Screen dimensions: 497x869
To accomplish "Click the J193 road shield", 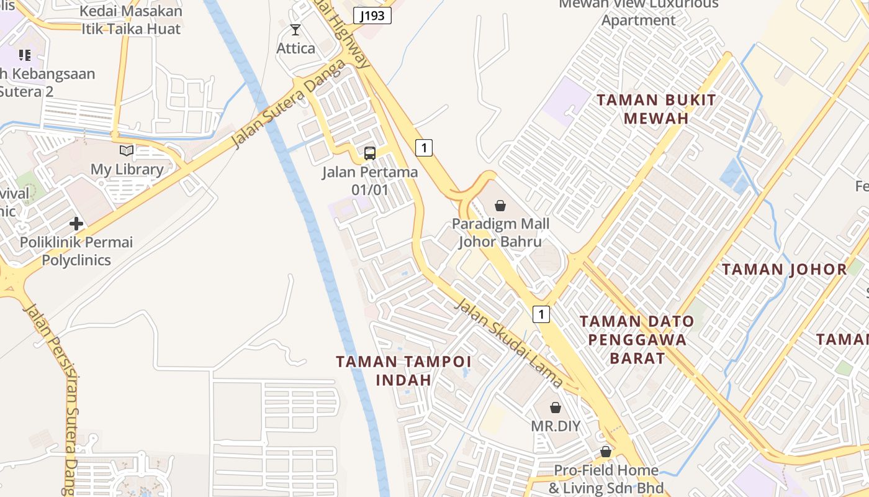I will [372, 16].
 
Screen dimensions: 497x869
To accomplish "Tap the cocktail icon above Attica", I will [295, 30].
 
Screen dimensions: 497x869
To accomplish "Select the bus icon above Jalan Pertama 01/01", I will [370, 153].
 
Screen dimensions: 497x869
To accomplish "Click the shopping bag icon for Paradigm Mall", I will [500, 206].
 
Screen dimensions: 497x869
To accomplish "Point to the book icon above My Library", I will [127, 150].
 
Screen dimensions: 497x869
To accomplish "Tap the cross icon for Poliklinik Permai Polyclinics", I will [76, 224].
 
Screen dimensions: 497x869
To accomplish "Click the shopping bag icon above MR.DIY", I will [556, 408].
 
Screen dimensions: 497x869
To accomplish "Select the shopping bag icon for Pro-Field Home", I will [606, 452].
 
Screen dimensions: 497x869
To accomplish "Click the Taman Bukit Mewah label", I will [656, 109].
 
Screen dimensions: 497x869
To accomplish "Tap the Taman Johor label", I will [785, 270].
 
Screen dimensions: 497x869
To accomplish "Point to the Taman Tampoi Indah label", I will [403, 370].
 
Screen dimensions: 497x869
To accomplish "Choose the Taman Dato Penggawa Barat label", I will [637, 339].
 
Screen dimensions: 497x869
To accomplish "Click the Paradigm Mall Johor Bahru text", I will [500, 232].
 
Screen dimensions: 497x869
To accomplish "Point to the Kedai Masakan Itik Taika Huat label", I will [131, 20].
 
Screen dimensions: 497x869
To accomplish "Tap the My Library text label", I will [127, 169].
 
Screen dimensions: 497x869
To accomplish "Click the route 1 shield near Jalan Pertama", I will [423, 148].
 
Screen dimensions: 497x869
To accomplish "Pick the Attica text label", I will [295, 48].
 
